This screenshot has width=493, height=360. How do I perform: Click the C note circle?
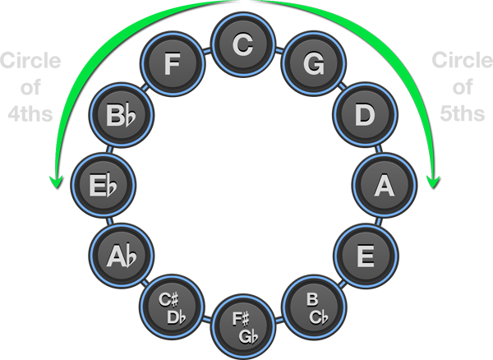tap(242, 45)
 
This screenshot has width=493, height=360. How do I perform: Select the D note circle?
tap(362, 115)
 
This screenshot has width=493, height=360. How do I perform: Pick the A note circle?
tap(382, 185)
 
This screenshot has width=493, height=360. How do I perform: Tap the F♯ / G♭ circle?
tap(242, 324)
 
